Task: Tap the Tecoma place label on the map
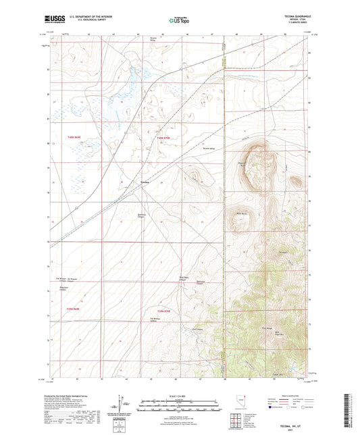(x=145, y=183)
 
